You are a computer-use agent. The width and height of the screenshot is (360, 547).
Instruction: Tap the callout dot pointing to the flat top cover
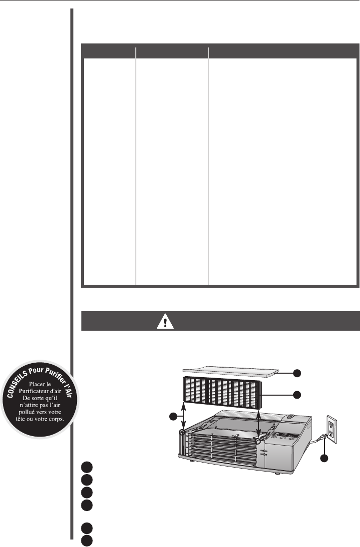297,372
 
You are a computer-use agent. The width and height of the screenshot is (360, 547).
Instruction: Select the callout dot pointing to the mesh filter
297,395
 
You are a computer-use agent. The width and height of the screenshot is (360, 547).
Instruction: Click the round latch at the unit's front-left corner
183,432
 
